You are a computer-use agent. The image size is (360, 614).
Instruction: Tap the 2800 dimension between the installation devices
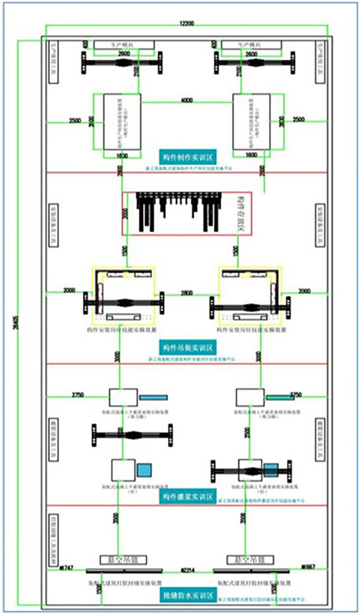(x=187, y=293)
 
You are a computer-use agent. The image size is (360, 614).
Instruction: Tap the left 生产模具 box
(x=124, y=45)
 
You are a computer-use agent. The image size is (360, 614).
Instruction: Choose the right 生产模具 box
(x=251, y=45)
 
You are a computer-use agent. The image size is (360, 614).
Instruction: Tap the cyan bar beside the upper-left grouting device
(x=154, y=398)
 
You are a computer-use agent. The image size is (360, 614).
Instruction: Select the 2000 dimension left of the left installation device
(x=68, y=291)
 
